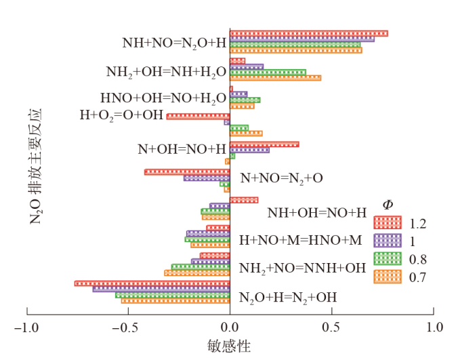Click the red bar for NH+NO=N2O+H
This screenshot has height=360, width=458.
pos(308,33)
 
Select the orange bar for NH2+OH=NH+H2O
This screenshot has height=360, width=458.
pos(275,78)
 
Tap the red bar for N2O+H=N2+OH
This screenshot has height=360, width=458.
pos(152,283)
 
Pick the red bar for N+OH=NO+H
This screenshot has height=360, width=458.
pos(264,144)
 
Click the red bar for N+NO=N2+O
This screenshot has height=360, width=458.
pos(187,172)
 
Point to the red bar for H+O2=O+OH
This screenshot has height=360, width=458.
pos(198,117)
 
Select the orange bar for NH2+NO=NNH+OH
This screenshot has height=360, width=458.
pos(197,273)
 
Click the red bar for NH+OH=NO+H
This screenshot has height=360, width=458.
pos(243,200)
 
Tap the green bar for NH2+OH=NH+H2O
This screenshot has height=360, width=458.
pos(268,72)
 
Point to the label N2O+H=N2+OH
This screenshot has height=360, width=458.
pos(288,297)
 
